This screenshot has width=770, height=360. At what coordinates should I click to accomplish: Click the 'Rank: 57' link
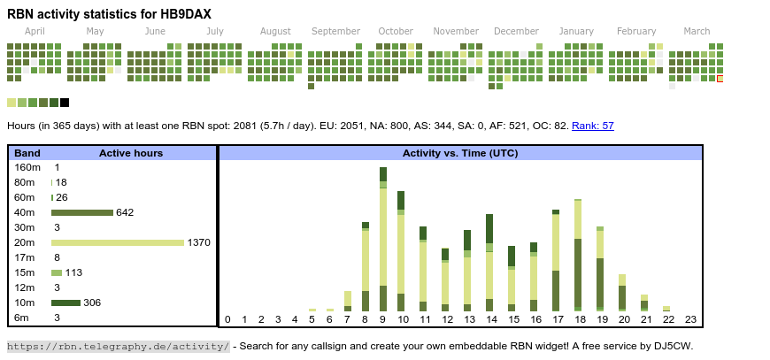(593, 126)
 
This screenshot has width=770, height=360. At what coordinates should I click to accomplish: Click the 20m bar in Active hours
(118, 242)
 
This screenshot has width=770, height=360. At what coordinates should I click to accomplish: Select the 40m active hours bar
(82, 212)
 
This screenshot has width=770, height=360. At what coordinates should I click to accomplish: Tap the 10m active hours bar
(65, 303)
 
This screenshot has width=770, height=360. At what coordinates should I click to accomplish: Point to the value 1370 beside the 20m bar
(198, 242)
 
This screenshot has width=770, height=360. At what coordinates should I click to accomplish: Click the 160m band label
(27, 167)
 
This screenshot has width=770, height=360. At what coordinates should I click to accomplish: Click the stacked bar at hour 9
(383, 239)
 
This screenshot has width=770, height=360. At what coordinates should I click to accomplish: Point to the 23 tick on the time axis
(690, 319)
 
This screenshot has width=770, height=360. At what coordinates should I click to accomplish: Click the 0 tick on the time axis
(227, 319)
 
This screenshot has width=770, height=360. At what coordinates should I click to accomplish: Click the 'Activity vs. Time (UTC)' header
(460, 153)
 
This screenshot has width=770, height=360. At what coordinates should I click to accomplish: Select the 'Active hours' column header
(131, 153)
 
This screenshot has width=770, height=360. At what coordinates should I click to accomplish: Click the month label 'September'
(335, 31)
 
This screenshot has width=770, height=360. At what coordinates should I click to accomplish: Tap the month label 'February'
(636, 31)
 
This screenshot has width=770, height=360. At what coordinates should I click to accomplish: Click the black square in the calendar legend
(65, 103)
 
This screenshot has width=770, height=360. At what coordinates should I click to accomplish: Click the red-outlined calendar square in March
(720, 79)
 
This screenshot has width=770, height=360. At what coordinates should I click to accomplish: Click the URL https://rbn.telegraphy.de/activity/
(119, 346)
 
